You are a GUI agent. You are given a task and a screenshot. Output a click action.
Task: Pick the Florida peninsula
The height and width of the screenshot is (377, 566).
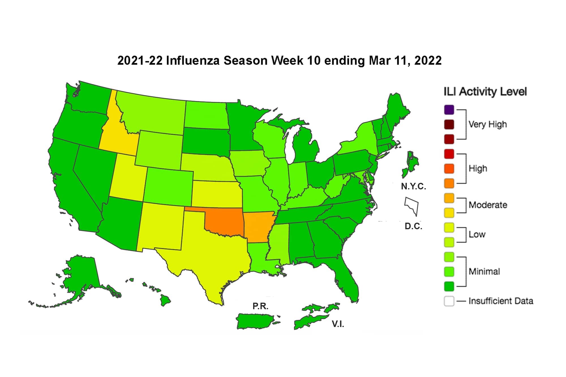pos(348,283)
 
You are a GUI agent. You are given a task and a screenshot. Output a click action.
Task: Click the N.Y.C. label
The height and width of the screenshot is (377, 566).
pos(413,186)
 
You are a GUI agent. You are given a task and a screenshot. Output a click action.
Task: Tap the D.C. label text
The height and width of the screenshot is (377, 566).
pos(413,226)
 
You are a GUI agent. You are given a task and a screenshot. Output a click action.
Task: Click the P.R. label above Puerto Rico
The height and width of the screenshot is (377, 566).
pos(260,306)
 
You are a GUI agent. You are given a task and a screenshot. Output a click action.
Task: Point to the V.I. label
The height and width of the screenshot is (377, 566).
pos(338,324)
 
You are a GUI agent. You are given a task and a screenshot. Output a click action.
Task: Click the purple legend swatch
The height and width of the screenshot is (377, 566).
pos(449,110)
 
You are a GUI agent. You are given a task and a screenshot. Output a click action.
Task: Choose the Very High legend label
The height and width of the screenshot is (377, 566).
pos(487,124)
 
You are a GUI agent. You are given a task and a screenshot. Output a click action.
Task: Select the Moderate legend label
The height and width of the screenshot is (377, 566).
pos(488,205)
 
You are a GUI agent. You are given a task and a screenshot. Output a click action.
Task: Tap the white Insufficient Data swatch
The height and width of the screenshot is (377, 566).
pos(449,301)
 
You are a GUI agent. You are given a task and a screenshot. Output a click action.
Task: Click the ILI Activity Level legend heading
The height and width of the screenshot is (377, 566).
pos(485,92)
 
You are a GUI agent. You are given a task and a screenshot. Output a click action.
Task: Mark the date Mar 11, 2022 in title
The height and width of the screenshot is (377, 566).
pos(405,61)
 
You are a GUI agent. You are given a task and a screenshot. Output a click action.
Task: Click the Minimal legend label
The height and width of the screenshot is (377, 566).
pos(484,272)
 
